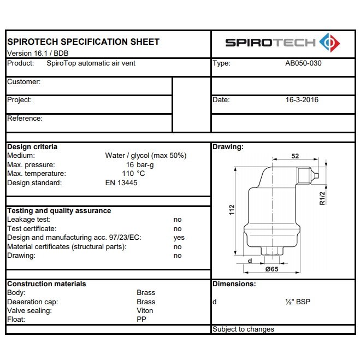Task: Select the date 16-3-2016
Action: tap(302, 100)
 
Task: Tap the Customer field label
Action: tap(23, 82)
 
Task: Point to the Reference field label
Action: tap(25, 118)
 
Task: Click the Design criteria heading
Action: tap(32, 146)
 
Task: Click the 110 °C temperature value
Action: tap(137, 174)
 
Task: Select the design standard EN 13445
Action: tap(121, 183)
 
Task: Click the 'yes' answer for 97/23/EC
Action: tap(179, 238)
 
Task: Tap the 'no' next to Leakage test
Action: tap(178, 220)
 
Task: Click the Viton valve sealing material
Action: tap(145, 311)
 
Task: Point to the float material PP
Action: tap(141, 320)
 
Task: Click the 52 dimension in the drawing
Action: tap(295, 156)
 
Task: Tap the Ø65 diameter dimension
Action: tap(272, 269)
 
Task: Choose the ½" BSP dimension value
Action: tap(298, 302)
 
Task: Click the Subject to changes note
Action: tap(243, 329)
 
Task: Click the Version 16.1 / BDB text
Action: tap(38, 53)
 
